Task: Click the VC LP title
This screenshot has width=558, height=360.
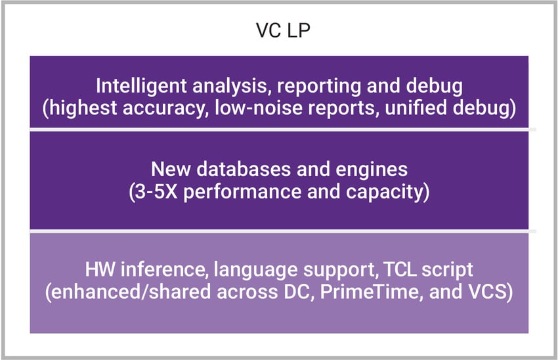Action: (x=284, y=30)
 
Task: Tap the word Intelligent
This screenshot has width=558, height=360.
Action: (x=142, y=87)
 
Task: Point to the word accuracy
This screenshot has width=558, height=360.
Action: (x=165, y=108)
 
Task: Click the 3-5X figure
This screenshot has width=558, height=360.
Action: (x=156, y=192)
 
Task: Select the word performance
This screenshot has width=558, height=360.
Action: (x=243, y=192)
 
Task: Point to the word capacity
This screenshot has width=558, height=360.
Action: (x=384, y=192)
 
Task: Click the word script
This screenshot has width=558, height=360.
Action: (x=447, y=270)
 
